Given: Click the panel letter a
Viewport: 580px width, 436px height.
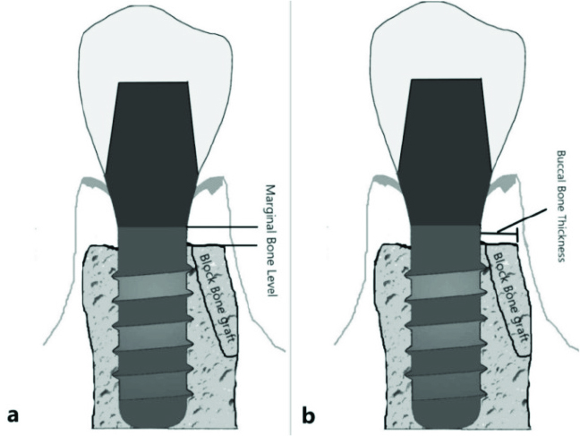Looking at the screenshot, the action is pyautogui.click(x=13, y=415).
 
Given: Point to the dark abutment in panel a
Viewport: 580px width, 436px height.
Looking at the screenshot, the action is pyautogui.click(x=152, y=154).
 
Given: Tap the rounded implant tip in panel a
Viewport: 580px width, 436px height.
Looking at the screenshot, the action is pyautogui.click(x=152, y=415).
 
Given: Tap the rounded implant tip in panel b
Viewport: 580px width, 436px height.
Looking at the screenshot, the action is pyautogui.click(x=446, y=415).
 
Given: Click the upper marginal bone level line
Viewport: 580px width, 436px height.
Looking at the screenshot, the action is pyautogui.click(x=222, y=227).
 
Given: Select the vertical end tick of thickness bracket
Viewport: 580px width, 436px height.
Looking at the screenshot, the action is pyautogui.click(x=516, y=236).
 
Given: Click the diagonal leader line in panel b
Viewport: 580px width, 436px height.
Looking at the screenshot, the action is pyautogui.click(x=522, y=220).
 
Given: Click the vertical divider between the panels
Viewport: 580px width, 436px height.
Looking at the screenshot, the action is pyautogui.click(x=291, y=218).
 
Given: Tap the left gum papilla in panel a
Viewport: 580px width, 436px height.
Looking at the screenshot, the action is pyautogui.click(x=93, y=182).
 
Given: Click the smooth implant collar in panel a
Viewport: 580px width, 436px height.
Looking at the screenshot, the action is pyautogui.click(x=152, y=251).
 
